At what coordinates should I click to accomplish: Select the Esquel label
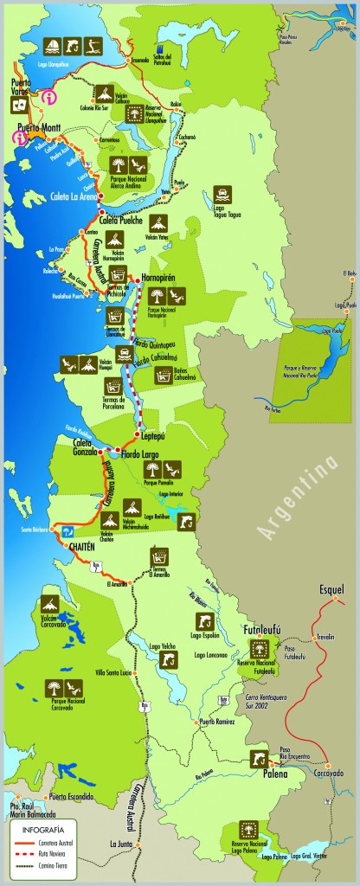[331, 589]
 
